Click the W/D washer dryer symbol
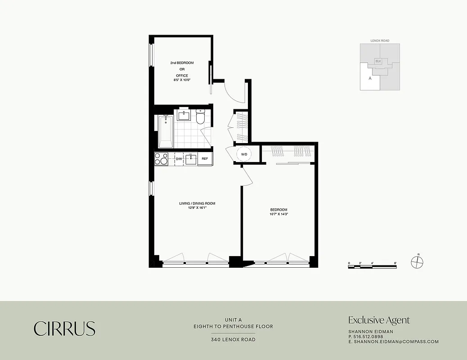point(244,154)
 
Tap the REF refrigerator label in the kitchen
point(205,159)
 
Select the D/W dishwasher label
point(179,159)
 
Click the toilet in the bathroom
point(201,117)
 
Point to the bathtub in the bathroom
point(166,131)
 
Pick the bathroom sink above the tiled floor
point(184,116)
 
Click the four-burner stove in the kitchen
point(161,159)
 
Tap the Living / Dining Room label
point(197,203)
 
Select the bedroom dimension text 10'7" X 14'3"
point(278,214)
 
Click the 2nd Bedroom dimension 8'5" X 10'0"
point(182,80)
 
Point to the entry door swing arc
point(234,92)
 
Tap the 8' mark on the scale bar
point(395,262)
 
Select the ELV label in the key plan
point(378,61)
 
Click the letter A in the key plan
point(370,78)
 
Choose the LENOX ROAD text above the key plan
point(380,40)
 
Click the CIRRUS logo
point(64,328)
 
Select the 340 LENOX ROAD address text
point(233,339)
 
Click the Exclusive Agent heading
point(379,320)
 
